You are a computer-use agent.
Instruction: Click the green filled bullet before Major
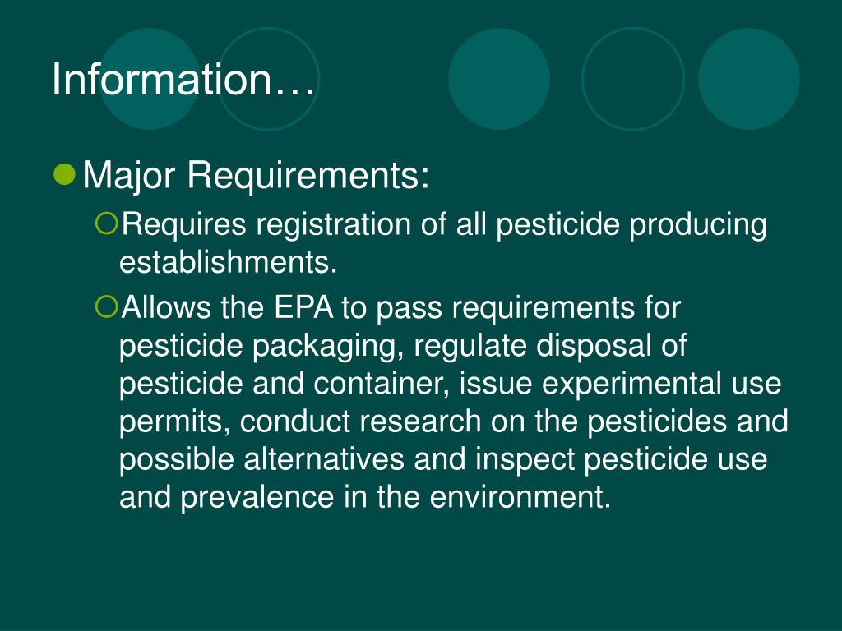[66, 173]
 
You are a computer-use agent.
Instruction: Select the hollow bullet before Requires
[107, 222]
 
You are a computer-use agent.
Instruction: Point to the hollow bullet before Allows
[107, 307]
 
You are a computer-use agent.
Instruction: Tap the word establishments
[229, 263]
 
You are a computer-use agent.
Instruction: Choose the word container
[377, 383]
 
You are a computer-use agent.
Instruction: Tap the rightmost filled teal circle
[748, 79]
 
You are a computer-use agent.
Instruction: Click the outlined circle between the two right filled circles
[632, 79]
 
